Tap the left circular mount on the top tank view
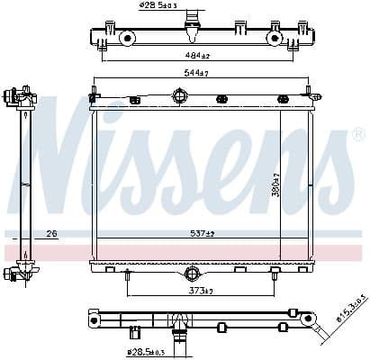point(128,39)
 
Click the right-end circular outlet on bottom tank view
point(308,318)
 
